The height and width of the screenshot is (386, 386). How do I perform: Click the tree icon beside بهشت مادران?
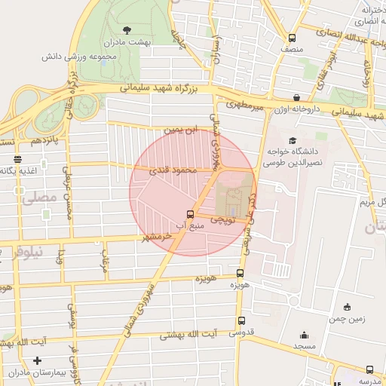pyautogui.click(x=126, y=30)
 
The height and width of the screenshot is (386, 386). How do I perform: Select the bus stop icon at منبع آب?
pyautogui.click(x=190, y=214)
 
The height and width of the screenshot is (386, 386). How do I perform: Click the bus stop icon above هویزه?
pyautogui.click(x=240, y=274)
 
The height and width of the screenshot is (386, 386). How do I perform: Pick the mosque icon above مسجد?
pyautogui.click(x=304, y=335)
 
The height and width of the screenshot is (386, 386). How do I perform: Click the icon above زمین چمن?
pyautogui.click(x=347, y=306)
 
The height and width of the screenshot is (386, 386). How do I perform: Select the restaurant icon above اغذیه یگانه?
pyautogui.click(x=17, y=159)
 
